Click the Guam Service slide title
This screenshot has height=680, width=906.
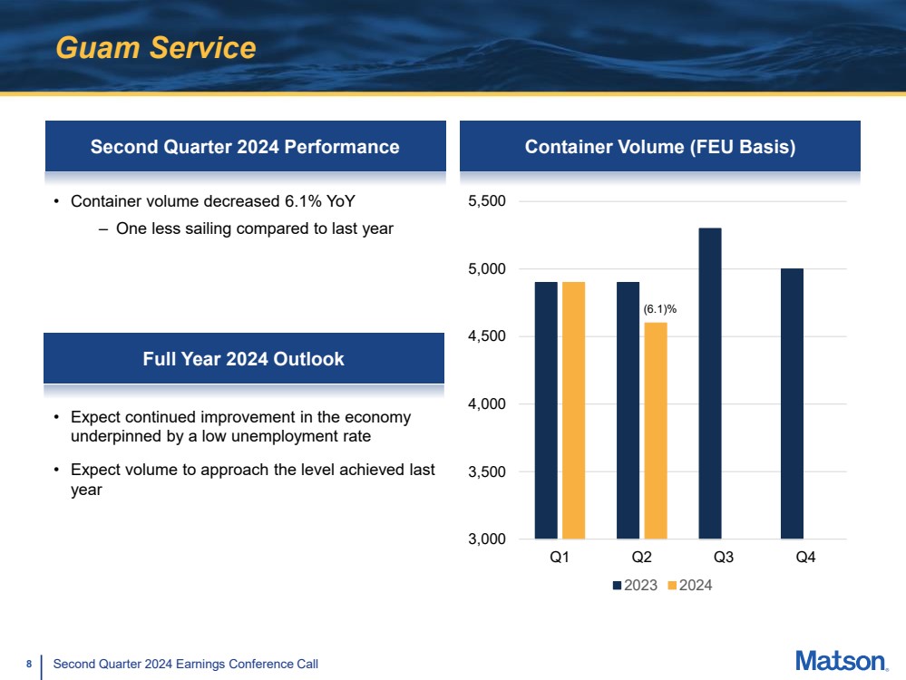[156, 48]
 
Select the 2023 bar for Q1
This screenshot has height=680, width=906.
[546, 410]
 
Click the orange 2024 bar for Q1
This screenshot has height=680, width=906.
[573, 410]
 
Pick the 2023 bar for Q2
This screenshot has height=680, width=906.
[628, 410]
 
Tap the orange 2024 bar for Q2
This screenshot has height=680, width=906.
[655, 430]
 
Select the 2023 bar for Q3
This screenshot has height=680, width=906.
[709, 383]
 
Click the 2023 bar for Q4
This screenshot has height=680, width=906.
[791, 403]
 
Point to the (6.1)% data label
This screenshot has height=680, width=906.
[660, 309]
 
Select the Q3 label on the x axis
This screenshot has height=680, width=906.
[723, 559]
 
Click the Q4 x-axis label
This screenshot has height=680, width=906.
[804, 559]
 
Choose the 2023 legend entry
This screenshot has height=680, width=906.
[635, 586]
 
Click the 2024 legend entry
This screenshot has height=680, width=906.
[690, 586]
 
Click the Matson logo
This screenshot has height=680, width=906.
[841, 661]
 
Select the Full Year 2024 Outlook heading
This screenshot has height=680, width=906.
[244, 359]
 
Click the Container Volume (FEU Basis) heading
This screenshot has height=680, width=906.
[660, 147]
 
